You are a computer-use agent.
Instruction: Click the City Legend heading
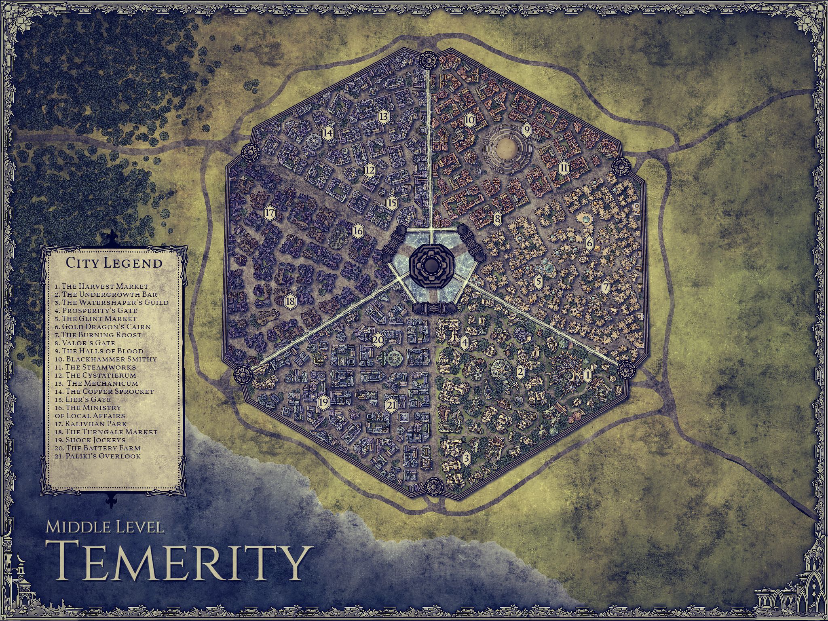pyautogui.click(x=114, y=263)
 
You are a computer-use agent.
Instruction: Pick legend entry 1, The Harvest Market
pyautogui.click(x=101, y=286)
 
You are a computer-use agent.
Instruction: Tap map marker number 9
pyautogui.click(x=526, y=130)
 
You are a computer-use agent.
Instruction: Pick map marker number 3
pyautogui.click(x=466, y=458)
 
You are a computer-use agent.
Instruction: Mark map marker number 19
pyautogui.click(x=323, y=402)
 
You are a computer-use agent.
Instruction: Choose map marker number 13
pyautogui.click(x=384, y=116)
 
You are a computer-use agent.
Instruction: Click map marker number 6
pyautogui.click(x=589, y=243)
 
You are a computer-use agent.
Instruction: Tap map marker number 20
pyautogui.click(x=378, y=340)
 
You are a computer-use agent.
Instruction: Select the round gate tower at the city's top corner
pyautogui.click(x=428, y=60)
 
